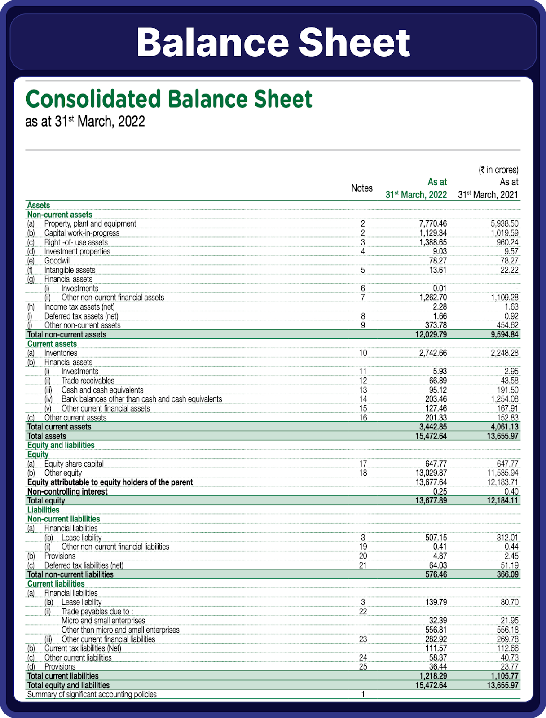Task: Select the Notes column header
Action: pyautogui.click(x=361, y=188)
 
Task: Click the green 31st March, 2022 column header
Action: pyautogui.click(x=416, y=195)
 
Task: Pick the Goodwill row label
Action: pyautogui.click(x=57, y=261)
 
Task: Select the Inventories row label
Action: pyautogui.click(x=61, y=353)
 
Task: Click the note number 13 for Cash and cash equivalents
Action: pyautogui.click(x=363, y=390)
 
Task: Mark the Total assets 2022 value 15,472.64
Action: pyautogui.click(x=429, y=436)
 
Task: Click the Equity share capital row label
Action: pyautogui.click(x=74, y=464)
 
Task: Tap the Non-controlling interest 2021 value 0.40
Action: pyautogui.click(x=511, y=491)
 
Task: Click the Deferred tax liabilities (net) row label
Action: pyautogui.click(x=84, y=565)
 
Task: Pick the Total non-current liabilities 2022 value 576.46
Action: pyautogui.click(x=436, y=574)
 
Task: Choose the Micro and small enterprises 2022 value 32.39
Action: pyautogui.click(x=438, y=621)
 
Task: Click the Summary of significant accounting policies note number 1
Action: pyautogui.click(x=363, y=695)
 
